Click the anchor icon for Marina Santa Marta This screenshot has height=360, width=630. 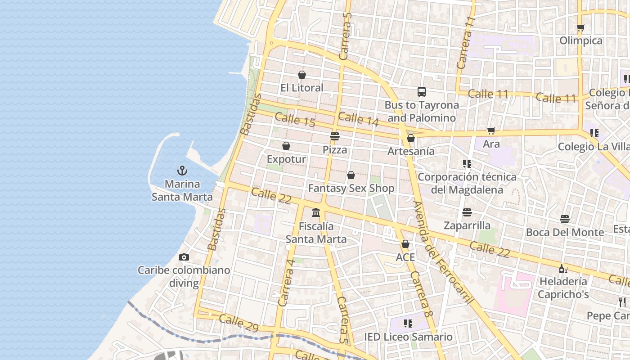(x=182, y=171)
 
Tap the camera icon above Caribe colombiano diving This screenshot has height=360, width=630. (x=184, y=257)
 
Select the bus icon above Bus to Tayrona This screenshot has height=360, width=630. (x=422, y=92)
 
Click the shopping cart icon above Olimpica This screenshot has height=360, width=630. (x=581, y=27)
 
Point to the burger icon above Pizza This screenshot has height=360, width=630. (x=334, y=136)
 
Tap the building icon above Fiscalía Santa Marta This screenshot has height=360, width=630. (x=316, y=212)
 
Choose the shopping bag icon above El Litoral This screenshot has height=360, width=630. (x=302, y=74)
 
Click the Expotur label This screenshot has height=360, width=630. (x=286, y=159)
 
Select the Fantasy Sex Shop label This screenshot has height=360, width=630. (x=351, y=188)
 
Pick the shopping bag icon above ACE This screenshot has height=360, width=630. (x=405, y=244)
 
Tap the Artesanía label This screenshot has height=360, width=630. (x=411, y=151)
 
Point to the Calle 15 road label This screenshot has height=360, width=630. (x=295, y=120)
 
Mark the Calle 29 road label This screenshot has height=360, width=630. (x=238, y=323)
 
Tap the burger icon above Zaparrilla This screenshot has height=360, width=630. (x=467, y=212)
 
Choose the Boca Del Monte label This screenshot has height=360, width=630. (x=565, y=232)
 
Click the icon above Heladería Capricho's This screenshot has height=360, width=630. (x=563, y=269)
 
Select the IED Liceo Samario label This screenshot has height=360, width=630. (x=408, y=337)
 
